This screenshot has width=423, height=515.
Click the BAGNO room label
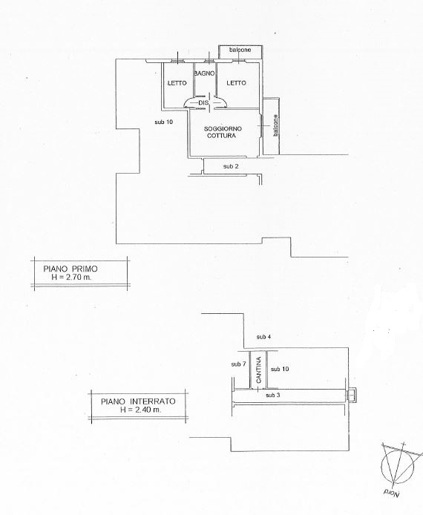(x=204, y=73)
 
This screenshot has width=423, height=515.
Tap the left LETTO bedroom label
(x=177, y=83)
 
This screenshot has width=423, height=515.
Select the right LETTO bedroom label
(x=236, y=83)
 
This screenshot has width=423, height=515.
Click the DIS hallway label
(x=203, y=103)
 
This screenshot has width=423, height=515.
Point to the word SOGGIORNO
(x=223, y=128)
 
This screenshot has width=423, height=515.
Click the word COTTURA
(x=221, y=135)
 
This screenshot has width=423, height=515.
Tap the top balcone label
(x=240, y=50)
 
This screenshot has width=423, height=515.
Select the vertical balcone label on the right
(x=275, y=125)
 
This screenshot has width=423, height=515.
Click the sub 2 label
(x=231, y=166)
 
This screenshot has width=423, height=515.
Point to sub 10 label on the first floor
(x=163, y=122)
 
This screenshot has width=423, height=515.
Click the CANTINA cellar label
(x=259, y=370)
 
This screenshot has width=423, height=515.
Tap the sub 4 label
(x=263, y=337)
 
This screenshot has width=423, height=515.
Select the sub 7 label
(x=238, y=364)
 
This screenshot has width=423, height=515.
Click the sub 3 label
(x=273, y=395)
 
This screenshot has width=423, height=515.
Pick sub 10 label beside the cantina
(x=280, y=369)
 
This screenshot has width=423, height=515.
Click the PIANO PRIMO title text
(x=70, y=269)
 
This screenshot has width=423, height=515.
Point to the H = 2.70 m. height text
(x=72, y=277)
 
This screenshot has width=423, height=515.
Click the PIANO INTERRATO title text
(x=138, y=401)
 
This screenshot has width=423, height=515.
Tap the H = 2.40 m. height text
(x=140, y=410)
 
